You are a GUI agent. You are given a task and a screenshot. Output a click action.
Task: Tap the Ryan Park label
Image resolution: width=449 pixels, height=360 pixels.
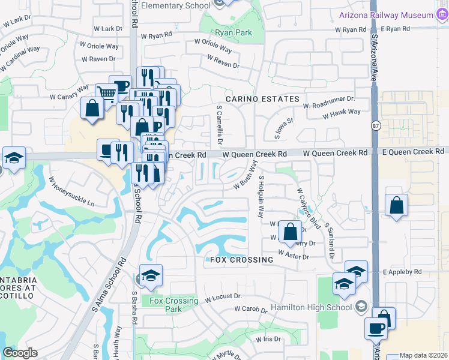[234, 32]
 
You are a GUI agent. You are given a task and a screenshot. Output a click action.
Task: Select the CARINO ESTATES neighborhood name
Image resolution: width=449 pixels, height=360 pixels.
[262, 98]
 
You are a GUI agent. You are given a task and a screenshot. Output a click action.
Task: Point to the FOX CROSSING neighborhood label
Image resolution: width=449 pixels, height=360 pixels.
[242, 260]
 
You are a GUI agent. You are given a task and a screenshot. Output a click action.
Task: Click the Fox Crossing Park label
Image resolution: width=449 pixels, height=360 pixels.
[173, 305]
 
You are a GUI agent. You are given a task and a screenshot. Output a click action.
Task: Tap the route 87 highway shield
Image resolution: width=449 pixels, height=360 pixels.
[376, 125]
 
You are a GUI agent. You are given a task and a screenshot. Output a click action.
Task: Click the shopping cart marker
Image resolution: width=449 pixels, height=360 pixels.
[106, 92]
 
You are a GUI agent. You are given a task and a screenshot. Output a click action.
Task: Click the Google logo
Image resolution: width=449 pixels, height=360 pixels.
[20, 353]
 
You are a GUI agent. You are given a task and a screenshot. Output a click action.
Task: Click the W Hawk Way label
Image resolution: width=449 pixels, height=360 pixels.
[341, 112]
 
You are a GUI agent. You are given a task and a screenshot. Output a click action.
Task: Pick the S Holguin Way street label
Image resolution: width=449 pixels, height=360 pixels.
[261, 196]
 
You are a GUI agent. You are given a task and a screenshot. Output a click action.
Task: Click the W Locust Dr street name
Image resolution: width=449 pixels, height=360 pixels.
[223, 296]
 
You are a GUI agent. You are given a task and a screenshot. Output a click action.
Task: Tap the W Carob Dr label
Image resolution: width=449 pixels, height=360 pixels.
[250, 310]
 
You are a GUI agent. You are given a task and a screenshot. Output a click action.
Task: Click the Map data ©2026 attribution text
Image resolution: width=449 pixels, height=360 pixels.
[423, 355]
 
